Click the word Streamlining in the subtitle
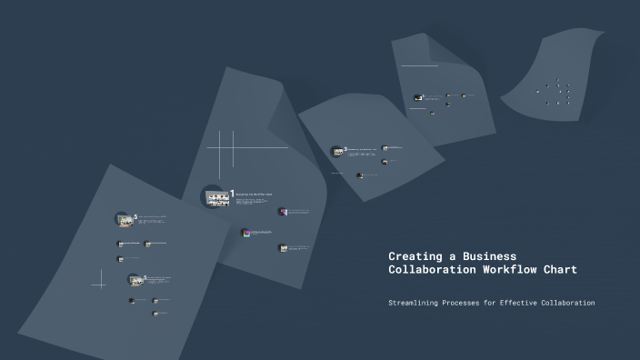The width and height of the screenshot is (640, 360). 418,303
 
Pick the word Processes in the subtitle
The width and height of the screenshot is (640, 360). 476,303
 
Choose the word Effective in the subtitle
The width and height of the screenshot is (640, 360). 525,303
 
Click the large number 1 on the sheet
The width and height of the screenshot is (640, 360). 233,193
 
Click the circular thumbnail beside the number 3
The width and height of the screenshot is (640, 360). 337,151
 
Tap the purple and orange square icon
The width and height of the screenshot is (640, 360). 245,233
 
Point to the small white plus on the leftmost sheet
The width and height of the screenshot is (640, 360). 98,285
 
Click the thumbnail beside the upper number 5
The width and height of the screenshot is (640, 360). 124,219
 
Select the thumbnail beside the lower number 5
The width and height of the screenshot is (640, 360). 134,280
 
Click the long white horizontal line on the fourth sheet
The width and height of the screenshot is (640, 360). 419,65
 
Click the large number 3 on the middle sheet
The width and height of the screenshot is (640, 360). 345,148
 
